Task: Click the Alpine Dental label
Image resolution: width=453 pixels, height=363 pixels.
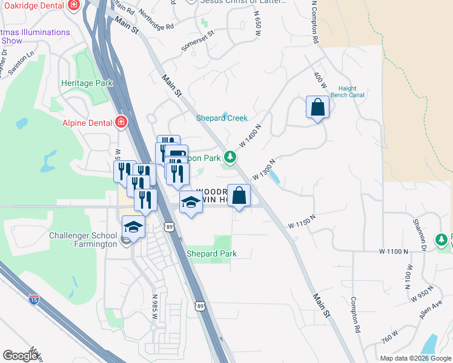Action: (x=87, y=122)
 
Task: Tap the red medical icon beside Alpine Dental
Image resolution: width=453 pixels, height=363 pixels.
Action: (x=122, y=122)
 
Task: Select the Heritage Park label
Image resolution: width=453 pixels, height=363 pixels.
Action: (x=87, y=83)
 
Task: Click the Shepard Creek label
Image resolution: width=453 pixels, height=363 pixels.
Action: (x=222, y=118)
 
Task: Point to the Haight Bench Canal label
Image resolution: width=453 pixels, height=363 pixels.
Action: (x=351, y=91)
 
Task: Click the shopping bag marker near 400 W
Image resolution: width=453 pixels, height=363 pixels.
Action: (x=317, y=108)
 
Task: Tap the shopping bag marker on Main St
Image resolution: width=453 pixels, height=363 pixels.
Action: (x=239, y=196)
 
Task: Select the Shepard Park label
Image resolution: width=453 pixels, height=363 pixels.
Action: (x=211, y=253)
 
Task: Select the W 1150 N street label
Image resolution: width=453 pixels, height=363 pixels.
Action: (x=302, y=221)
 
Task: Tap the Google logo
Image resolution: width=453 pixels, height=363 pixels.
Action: (x=20, y=356)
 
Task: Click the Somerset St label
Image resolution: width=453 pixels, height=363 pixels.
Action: (x=198, y=42)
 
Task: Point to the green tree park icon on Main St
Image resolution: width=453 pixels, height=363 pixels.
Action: (x=230, y=157)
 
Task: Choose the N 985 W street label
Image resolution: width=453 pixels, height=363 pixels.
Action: (x=155, y=307)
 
